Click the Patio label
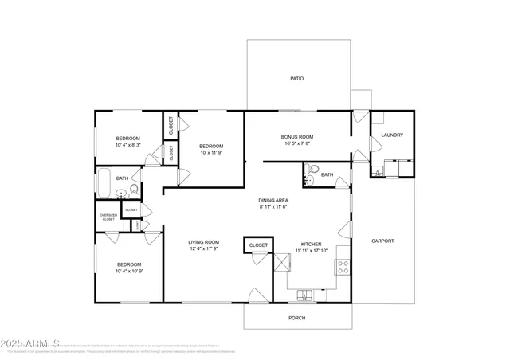pyautogui.click(x=296, y=79)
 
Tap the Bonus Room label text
pyautogui.click(x=296, y=136)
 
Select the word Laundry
pyautogui.click(x=392, y=135)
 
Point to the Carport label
pyautogui.click(x=382, y=241)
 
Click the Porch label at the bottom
pyautogui.click(x=296, y=318)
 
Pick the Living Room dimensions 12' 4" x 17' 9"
pyautogui.click(x=203, y=249)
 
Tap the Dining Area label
pyautogui.click(x=273, y=200)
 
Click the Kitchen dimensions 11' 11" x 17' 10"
pyautogui.click(x=312, y=250)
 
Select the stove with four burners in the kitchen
pyautogui.click(x=343, y=266)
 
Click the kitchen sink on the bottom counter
pyautogui.click(x=306, y=297)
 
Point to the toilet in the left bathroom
pyautogui.click(x=135, y=190)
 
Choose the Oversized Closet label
pyautogui.click(x=108, y=217)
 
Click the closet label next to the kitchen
pyautogui.click(x=258, y=245)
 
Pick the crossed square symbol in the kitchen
pyautogui.click(x=280, y=263)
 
